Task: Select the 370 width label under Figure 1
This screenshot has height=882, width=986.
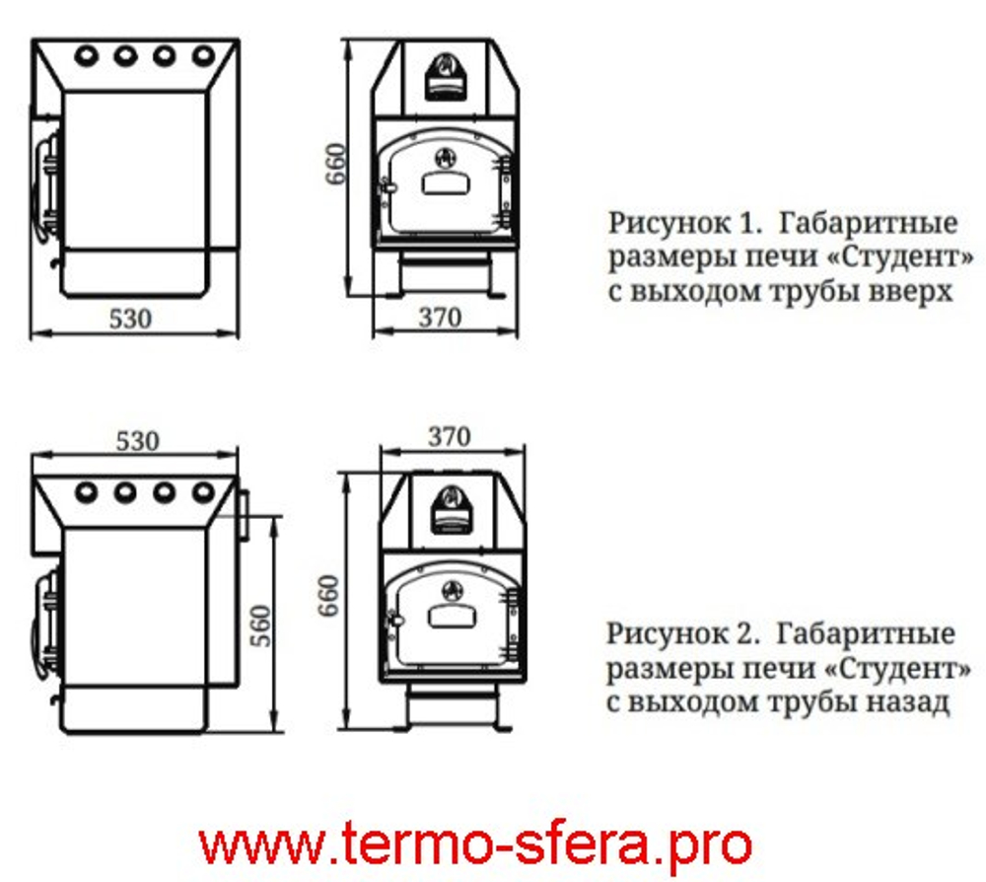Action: pyautogui.click(x=440, y=318)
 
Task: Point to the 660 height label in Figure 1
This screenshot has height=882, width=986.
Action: pyautogui.click(x=336, y=165)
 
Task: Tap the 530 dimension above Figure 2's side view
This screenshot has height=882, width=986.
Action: pyautogui.click(x=137, y=440)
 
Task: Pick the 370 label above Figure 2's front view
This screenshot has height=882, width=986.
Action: pyautogui.click(x=450, y=435)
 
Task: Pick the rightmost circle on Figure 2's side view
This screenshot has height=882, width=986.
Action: pyautogui.click(x=203, y=490)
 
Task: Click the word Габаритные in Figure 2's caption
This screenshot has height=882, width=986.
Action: pyautogui.click(x=867, y=631)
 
